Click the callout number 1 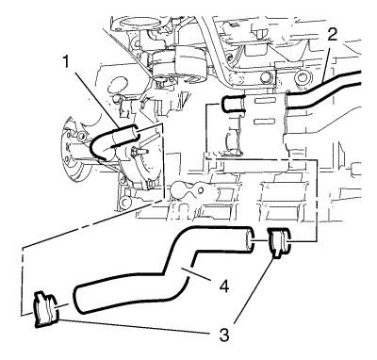click(65, 62)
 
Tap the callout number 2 click(332, 35)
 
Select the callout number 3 click(223, 335)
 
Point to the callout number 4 click(222, 286)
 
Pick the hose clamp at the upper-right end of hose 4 click(280, 243)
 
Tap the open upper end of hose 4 click(250, 239)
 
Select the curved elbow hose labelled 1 click(113, 139)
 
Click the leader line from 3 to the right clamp click(254, 290)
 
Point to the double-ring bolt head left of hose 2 click(303, 76)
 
